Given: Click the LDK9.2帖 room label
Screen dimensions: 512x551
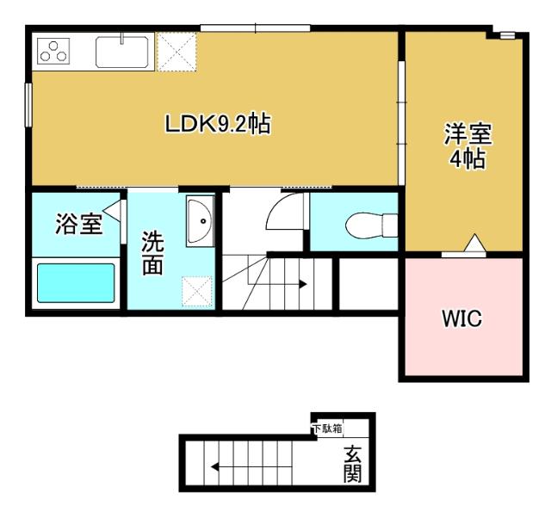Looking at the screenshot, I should click(x=218, y=125).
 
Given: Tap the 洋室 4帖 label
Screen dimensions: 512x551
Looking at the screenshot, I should click(x=467, y=146).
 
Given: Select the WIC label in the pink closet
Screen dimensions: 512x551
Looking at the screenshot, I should click(x=462, y=319).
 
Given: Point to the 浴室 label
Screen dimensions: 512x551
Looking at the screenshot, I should click(x=78, y=225).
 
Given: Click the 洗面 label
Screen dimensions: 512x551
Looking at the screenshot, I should click(x=152, y=252).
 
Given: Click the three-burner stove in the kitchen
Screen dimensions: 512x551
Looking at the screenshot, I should click(x=53, y=52).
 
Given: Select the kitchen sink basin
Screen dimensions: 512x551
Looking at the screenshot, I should click(x=124, y=52).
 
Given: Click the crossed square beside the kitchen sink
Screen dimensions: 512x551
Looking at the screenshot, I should click(x=177, y=52).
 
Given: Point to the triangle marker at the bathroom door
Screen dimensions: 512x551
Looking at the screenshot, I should click(x=111, y=211).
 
